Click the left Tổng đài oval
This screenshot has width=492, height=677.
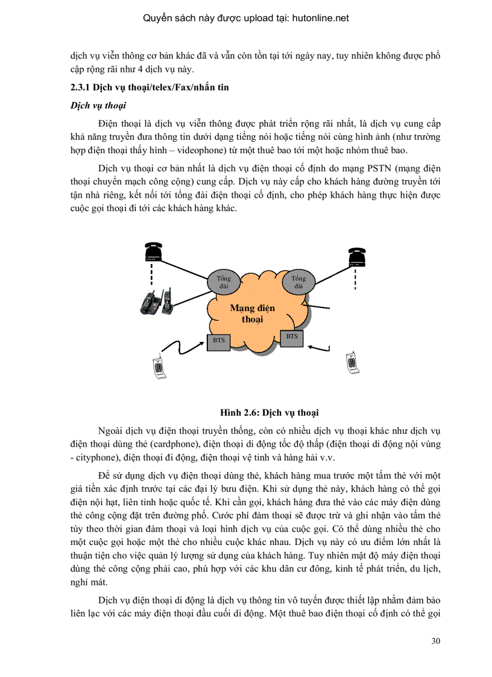224,282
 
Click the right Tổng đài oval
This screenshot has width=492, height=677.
298,282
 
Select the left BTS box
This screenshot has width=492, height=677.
218,341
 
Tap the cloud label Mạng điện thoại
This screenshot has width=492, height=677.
253,313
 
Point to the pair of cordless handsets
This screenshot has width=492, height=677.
157,301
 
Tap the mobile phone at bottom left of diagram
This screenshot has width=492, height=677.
158,367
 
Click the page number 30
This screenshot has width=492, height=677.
436,640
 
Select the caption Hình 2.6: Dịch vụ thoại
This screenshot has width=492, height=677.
270,413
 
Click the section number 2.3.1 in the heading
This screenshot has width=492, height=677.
81,88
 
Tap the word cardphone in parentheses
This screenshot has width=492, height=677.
178,444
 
